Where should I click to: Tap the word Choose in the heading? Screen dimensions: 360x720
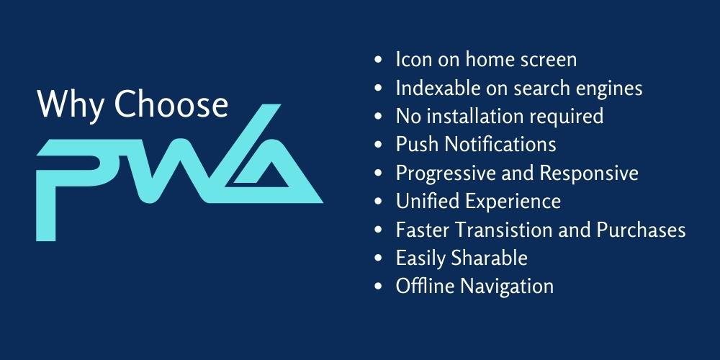pyautogui.click(x=172, y=105)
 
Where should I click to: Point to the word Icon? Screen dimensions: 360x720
pyautogui.click(x=413, y=59)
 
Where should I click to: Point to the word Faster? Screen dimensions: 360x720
pyautogui.click(x=421, y=230)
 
